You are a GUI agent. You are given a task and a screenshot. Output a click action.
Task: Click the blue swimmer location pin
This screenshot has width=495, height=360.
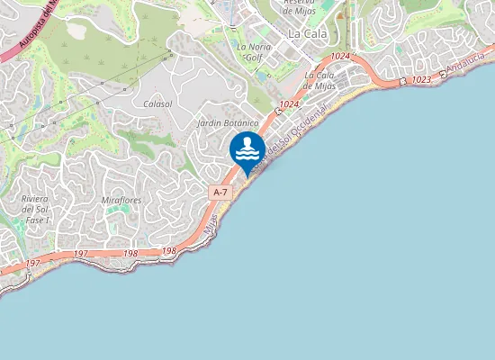coord(247,149)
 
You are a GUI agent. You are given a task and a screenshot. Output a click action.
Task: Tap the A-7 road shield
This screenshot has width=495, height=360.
coord(220,193)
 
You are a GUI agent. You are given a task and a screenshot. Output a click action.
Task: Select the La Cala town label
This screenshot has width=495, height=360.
coord(308,32)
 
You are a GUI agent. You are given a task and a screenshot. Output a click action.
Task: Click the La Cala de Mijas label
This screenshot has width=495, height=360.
coord(320,80)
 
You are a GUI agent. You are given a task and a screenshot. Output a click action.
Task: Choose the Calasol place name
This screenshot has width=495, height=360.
coord(157,104)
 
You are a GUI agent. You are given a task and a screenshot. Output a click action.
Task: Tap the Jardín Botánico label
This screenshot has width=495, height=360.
coord(229,122)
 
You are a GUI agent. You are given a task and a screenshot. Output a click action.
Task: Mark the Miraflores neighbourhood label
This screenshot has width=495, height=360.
coord(122,198)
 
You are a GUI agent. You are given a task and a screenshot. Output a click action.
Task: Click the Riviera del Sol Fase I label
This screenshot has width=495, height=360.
coord(36,208)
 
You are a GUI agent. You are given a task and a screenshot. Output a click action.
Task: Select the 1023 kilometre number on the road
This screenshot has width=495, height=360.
coord(421,80)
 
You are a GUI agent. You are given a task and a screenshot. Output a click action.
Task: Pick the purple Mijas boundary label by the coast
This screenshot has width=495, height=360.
coord(211,224)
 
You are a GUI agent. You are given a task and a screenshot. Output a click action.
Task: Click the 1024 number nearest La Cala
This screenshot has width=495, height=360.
coord(339,57)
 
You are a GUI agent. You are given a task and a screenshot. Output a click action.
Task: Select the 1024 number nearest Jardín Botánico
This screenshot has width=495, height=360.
coord(289,104)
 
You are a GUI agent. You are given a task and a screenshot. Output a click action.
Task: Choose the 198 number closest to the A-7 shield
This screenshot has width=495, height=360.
coord(169,251)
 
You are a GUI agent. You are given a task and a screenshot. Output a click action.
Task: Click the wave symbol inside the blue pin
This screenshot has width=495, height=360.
coord(247,154)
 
